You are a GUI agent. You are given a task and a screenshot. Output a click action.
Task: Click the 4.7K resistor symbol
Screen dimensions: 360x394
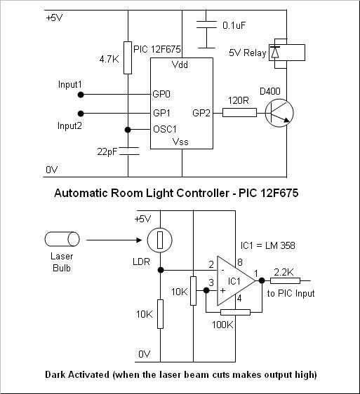tap(128, 57)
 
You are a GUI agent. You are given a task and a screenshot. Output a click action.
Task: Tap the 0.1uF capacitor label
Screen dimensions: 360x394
tap(234, 25)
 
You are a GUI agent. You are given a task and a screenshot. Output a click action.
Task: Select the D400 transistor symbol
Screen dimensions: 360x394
tap(279, 113)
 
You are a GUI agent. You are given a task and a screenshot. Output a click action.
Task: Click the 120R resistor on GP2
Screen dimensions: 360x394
tap(239, 113)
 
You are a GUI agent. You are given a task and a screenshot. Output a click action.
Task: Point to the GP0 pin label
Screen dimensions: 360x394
tap(161, 94)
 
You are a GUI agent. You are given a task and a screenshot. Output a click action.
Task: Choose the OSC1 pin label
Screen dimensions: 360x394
tap(165, 129)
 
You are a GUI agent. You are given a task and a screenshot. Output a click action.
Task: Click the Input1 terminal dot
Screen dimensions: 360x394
tap(81, 95)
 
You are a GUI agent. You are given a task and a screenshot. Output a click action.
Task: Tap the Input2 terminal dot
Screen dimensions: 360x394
tap(81, 114)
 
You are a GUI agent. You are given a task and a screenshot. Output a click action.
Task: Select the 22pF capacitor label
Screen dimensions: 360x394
tap(107, 151)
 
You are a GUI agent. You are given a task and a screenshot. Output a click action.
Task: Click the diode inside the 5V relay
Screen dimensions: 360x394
tap(274, 53)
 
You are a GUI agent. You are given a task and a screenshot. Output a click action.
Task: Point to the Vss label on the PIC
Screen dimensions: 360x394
tap(180, 142)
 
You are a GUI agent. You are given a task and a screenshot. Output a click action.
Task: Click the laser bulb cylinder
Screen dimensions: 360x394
tap(62, 239)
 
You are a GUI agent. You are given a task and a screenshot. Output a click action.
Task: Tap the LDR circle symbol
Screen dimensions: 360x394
tap(160, 240)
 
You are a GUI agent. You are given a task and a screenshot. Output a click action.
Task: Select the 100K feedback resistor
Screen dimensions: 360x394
tap(235, 313)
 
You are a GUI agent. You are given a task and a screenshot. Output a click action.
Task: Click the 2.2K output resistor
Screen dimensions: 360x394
tap(285, 280)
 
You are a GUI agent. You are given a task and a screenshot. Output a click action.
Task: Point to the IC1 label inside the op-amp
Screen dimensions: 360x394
tap(234, 281)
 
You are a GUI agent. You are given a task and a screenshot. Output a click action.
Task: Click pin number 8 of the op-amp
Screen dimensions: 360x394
tap(240, 262)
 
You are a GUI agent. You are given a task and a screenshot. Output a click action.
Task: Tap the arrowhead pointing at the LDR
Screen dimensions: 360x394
tap(139, 240)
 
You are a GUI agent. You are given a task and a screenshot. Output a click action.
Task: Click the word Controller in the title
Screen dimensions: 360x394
tap(203, 193)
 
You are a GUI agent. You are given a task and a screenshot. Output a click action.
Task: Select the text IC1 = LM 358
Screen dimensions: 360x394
tap(267, 245)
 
